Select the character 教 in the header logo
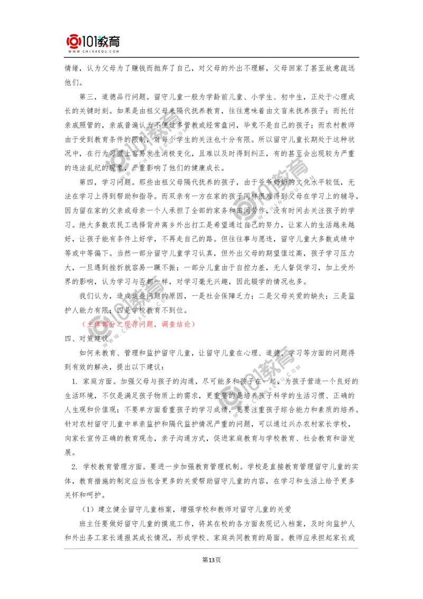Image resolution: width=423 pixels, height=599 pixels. click(x=104, y=40)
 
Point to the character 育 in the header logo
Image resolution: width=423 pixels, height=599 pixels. click(x=116, y=40)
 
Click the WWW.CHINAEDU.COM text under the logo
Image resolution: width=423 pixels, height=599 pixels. click(x=93, y=52)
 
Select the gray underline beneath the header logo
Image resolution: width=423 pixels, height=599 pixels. click(x=93, y=57)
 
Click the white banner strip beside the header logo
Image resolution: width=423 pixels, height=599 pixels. click(x=272, y=44)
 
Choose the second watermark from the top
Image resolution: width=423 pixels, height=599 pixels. click(x=272, y=193)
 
